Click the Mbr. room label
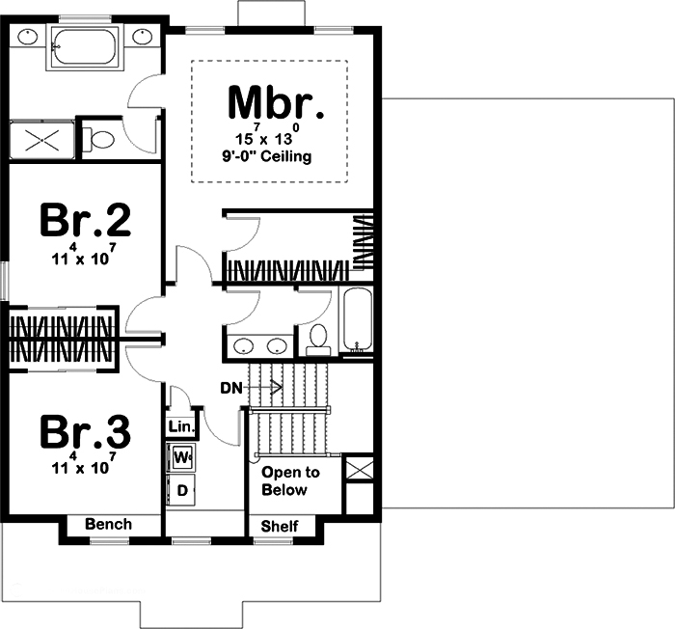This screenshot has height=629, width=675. click(276, 102)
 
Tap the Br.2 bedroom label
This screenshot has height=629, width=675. click(85, 220)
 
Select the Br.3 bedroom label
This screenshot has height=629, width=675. click(85, 431)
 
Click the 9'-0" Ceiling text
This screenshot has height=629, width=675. click(267, 156)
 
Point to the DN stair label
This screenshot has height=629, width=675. click(231, 388)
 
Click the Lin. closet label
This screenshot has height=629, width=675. click(181, 427)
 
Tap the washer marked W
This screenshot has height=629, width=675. click(182, 456)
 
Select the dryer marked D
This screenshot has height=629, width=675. click(182, 490)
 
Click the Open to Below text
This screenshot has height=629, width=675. click(290, 481)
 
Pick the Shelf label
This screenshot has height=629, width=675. click(280, 526)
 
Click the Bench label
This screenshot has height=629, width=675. click(108, 524)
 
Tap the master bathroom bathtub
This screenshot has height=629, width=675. click(84, 47)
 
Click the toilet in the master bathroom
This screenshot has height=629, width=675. click(98, 140)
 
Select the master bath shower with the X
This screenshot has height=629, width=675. click(41, 140)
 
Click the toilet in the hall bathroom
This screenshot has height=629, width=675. click(318, 340)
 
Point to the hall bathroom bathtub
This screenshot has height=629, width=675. click(358, 318)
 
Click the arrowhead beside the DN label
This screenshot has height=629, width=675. click(277, 388)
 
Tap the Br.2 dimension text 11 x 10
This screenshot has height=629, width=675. click(84, 258)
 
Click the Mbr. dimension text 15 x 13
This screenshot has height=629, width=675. click(267, 136)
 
